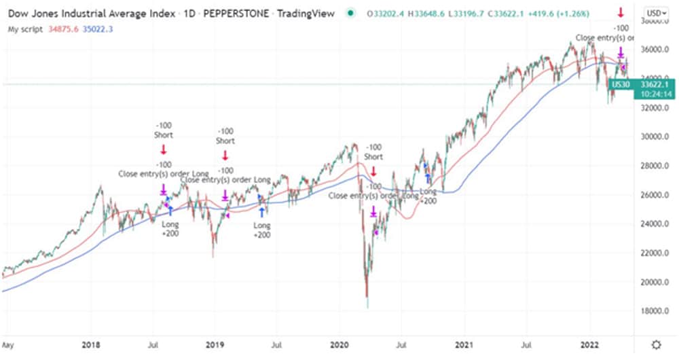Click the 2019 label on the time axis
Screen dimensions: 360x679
[x=215, y=344]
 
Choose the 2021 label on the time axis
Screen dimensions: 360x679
[x=464, y=344]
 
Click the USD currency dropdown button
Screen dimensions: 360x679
[x=655, y=13]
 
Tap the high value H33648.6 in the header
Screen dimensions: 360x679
[x=426, y=13]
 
